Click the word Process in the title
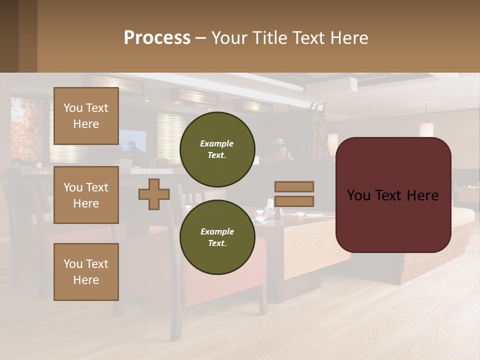pyautogui.click(x=157, y=38)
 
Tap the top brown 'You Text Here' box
pyautogui.click(x=86, y=116)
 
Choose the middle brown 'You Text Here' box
pyautogui.click(x=86, y=195)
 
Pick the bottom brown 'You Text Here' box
pyautogui.click(x=86, y=272)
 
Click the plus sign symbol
pyautogui.click(x=154, y=194)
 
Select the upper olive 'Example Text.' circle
pyautogui.click(x=217, y=149)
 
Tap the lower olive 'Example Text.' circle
pyautogui.click(x=217, y=237)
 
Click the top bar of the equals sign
pyautogui.click(x=294, y=187)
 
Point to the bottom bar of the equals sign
pyautogui.click(x=294, y=201)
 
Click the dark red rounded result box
pyautogui.click(x=393, y=220)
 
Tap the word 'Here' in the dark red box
pyautogui.click(x=422, y=195)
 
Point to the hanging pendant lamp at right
pyautogui.click(x=426, y=129)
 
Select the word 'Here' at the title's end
pyautogui.click(x=349, y=38)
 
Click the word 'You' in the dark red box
pyautogui.click(x=358, y=195)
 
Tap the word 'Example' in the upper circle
pyautogui.click(x=217, y=143)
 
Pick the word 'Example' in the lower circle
pyautogui.click(x=217, y=231)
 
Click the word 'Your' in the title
pyautogui.click(x=229, y=38)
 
